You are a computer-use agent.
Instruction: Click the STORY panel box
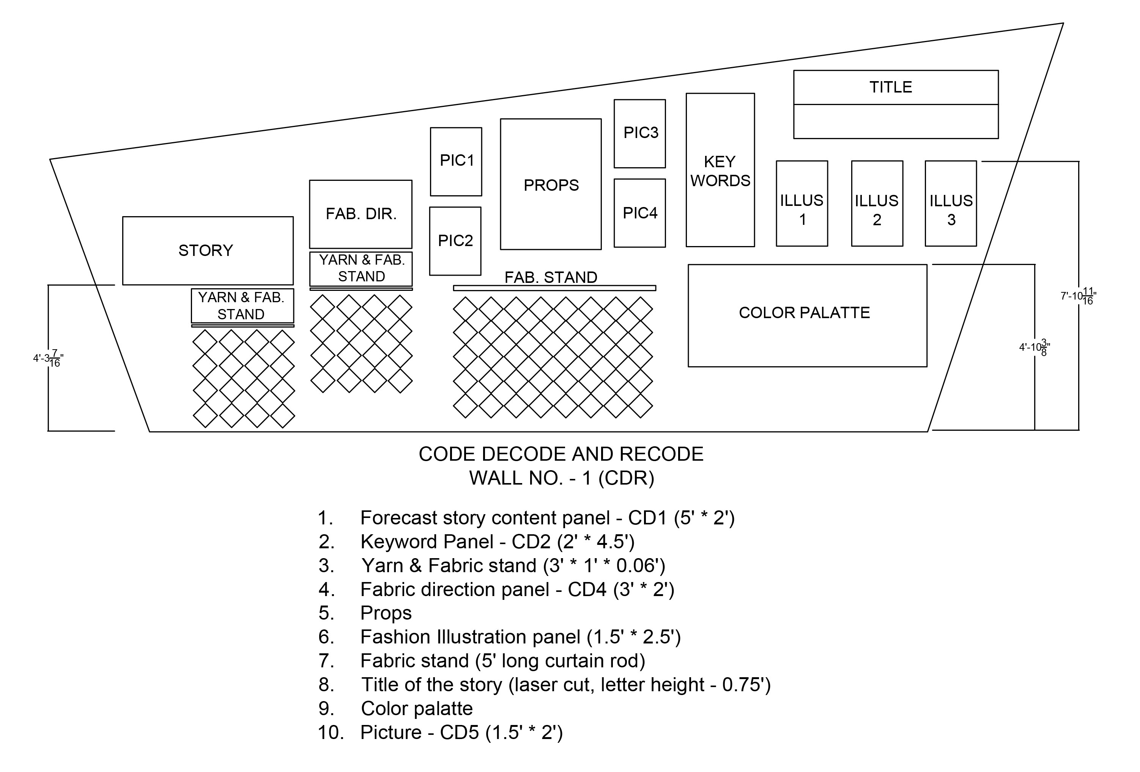[208, 251]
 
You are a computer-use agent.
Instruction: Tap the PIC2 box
[455, 241]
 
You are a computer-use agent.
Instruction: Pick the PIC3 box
[640, 133]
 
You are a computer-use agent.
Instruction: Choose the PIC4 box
[640, 213]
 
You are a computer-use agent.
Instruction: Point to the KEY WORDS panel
[720, 170]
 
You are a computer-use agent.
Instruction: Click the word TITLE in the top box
[890, 87]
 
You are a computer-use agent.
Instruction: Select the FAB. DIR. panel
[361, 214]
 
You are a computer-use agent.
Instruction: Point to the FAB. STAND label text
[551, 278]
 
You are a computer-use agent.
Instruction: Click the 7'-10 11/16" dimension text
[1078, 297]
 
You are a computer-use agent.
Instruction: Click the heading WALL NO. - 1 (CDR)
[562, 478]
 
